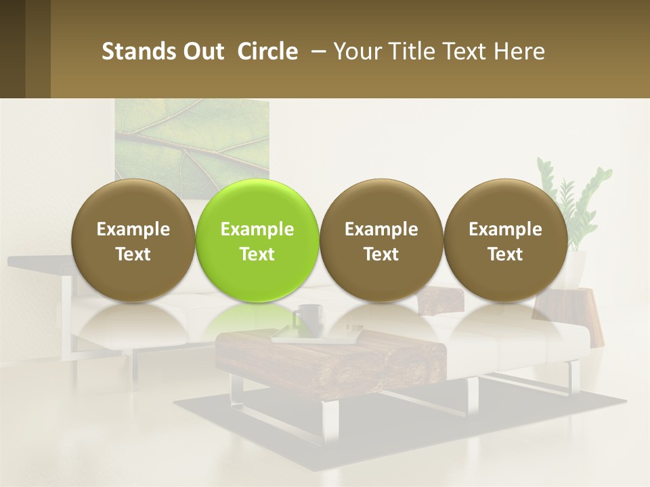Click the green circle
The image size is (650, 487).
click(257, 240)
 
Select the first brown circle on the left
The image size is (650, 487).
click(133, 240)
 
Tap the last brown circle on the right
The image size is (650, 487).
click(505, 240)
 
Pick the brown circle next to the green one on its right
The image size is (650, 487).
click(381, 240)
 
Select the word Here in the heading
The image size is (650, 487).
click(519, 51)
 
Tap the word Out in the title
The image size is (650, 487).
click(201, 51)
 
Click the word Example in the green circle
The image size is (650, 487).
click(257, 229)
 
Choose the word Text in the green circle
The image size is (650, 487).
click(257, 254)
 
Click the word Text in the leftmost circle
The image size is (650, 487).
click(133, 254)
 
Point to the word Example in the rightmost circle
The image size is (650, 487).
click(505, 229)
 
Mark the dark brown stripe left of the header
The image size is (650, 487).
click(12, 49)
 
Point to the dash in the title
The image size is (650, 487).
click(316, 51)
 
